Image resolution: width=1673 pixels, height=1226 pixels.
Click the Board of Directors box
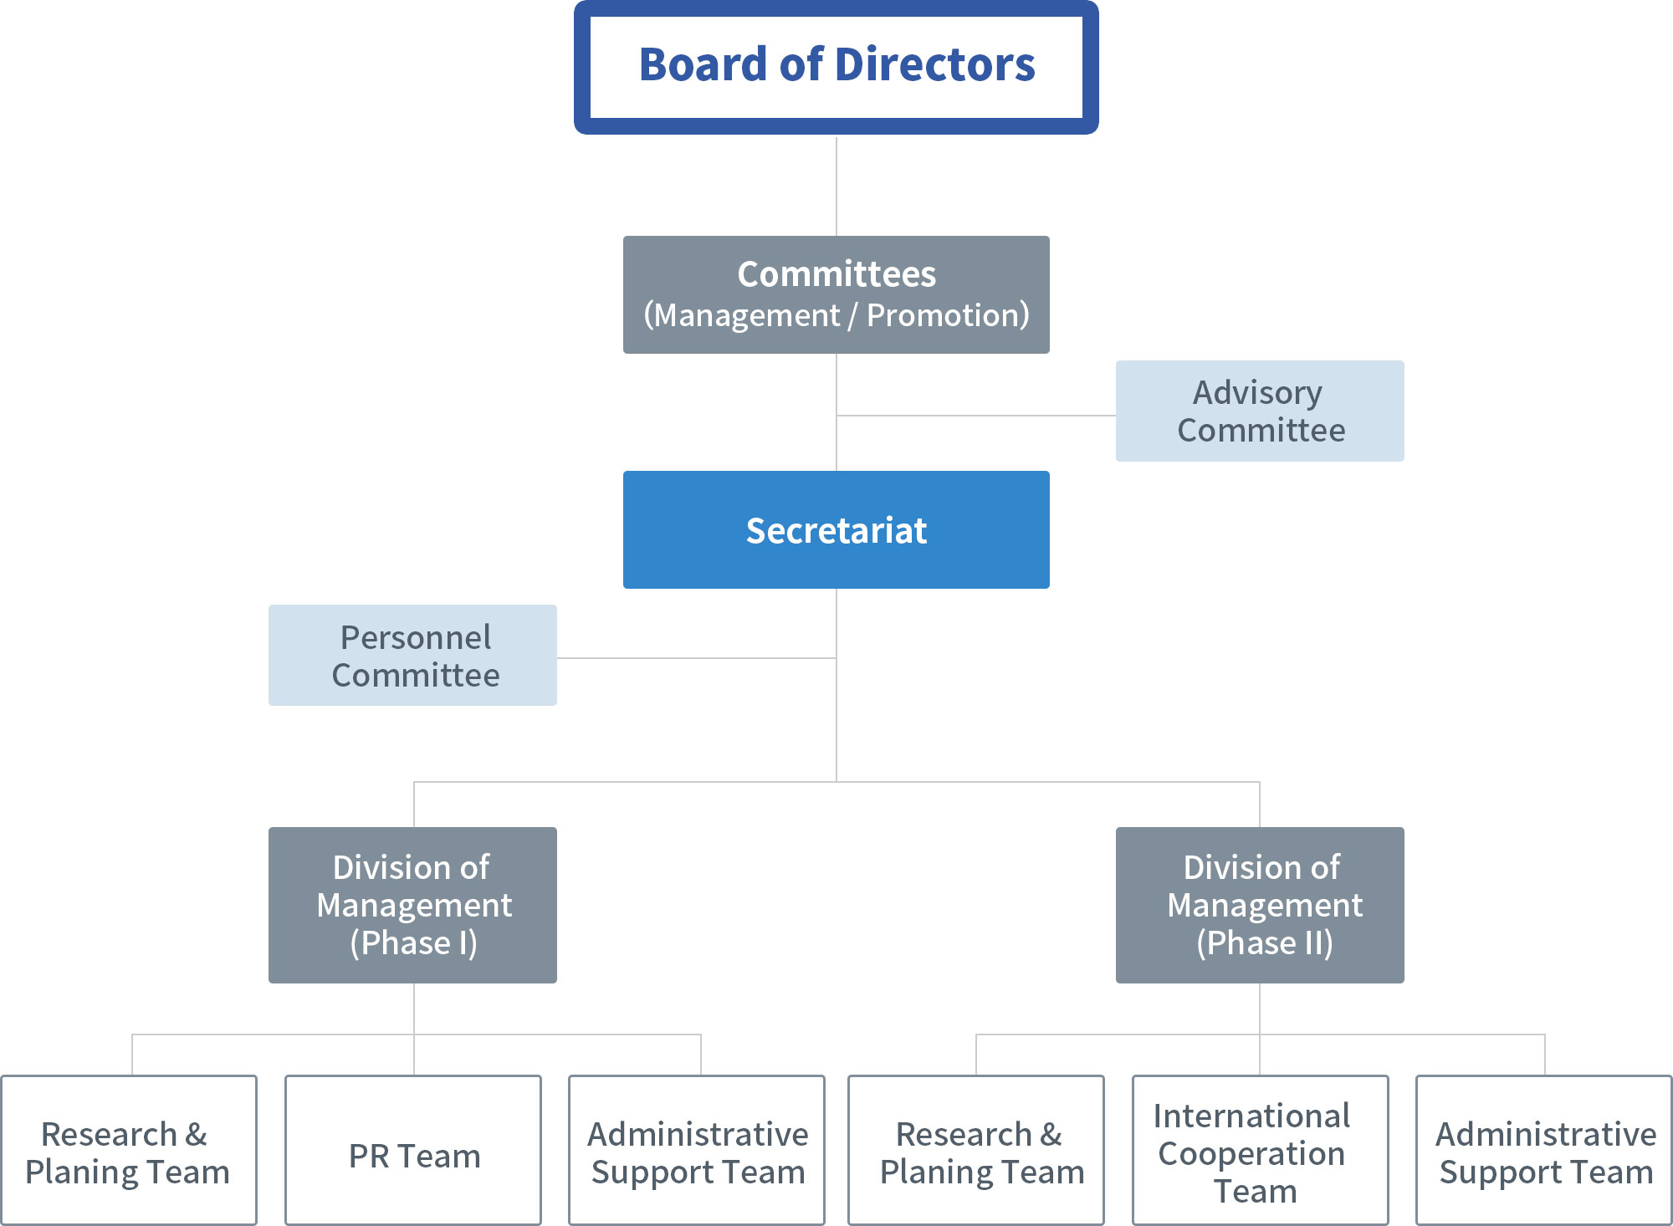coord(836,67)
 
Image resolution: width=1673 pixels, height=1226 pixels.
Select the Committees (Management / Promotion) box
coord(836,294)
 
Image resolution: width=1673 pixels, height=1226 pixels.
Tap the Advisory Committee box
coord(1260,411)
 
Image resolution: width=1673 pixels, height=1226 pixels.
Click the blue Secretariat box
coord(836,529)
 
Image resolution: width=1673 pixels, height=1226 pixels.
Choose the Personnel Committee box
coord(412,655)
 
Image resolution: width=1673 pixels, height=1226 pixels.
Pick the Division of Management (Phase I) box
coord(412,905)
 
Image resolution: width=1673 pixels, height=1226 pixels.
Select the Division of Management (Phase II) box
coord(1260,905)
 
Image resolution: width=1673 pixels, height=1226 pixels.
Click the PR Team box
coord(413,1150)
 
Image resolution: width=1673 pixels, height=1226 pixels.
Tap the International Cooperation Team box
coord(1261,1150)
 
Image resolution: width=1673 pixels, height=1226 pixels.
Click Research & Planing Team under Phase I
coord(129,1150)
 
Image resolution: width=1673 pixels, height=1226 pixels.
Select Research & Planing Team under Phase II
coord(976,1150)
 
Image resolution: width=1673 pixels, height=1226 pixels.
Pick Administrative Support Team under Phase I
coord(697,1150)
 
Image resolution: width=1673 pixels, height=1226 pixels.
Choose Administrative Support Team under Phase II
coord(1544,1150)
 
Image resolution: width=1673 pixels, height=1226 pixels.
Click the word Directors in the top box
coord(935,64)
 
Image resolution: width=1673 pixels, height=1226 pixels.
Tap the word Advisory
coord(1258,393)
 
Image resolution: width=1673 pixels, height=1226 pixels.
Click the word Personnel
coord(416,637)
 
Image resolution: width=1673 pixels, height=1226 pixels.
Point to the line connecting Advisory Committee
coord(976,416)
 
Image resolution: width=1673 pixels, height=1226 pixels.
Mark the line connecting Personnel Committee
coord(697,658)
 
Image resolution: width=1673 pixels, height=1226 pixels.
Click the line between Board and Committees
coord(836,186)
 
